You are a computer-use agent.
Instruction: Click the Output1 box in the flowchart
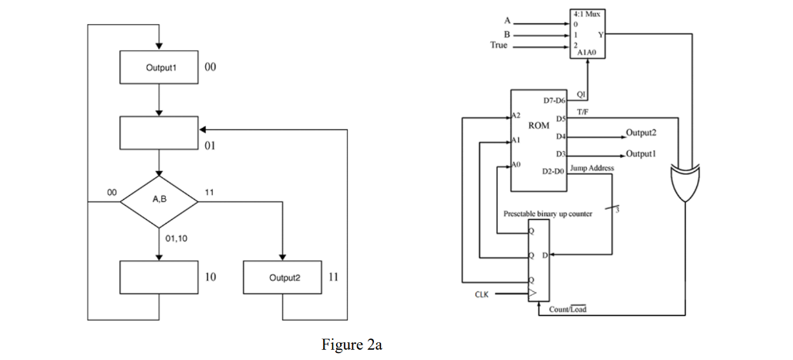(x=158, y=67)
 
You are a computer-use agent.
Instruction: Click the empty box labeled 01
(x=158, y=133)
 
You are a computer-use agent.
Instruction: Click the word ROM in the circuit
(x=538, y=125)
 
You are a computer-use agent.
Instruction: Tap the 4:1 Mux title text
(x=588, y=15)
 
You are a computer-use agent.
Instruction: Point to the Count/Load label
(x=568, y=310)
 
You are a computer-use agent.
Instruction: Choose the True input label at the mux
(x=499, y=45)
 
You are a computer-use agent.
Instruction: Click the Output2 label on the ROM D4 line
(x=641, y=132)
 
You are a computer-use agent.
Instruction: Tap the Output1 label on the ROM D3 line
(x=641, y=153)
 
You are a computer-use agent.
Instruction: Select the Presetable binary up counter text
(x=548, y=212)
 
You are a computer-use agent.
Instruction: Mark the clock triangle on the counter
(x=533, y=293)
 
